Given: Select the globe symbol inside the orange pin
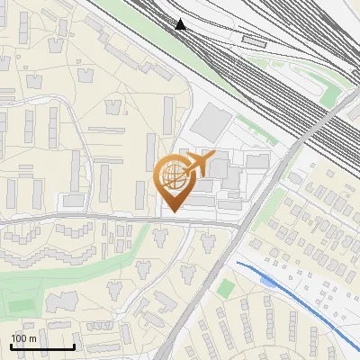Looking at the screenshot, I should pos(172,177).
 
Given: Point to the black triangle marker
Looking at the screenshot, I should pos(182,24).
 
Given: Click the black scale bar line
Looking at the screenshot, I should pos(41,347).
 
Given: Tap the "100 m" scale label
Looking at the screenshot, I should pos(23,338).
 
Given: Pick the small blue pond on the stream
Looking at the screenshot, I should pos(266,281).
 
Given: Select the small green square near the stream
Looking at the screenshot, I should pos(226,289).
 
